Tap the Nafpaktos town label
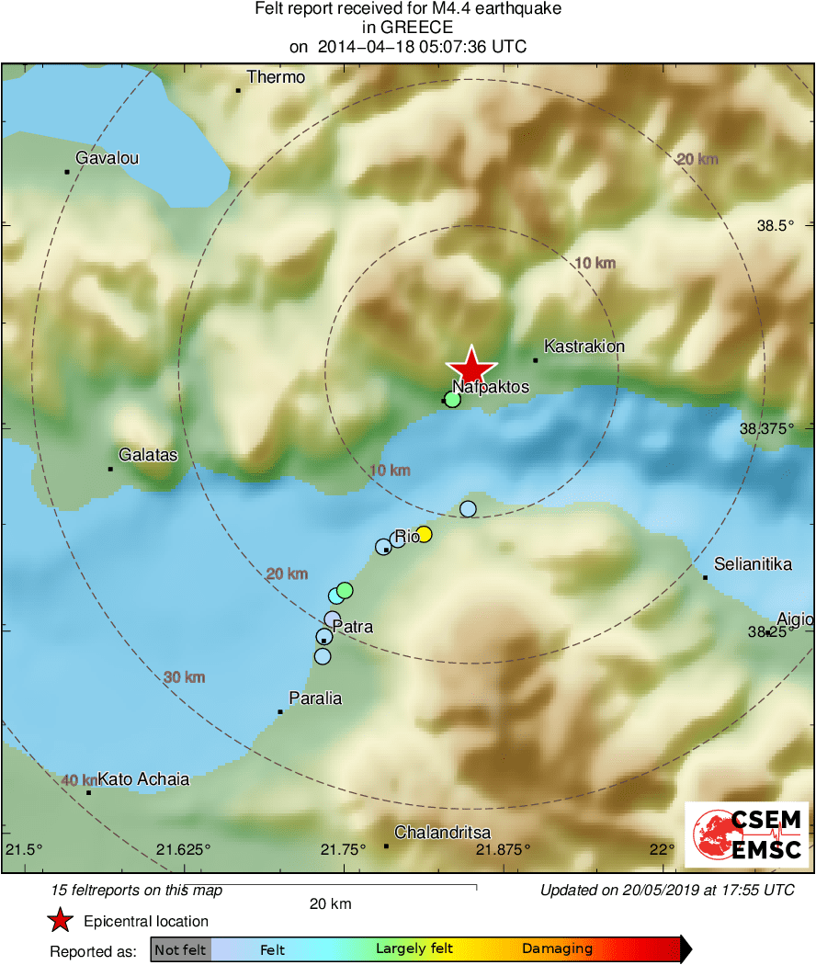coord(491,387)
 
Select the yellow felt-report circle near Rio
coord(424,534)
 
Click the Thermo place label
coord(276,77)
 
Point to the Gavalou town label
coord(108,158)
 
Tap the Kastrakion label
coord(584,346)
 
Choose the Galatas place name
coord(148,455)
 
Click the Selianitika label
coord(753,565)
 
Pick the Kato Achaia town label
coord(143,779)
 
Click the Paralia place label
coord(315,698)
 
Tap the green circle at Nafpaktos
coord(452,399)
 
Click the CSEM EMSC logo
coord(747,834)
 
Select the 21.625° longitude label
coord(188,848)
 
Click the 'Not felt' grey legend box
coord(180,949)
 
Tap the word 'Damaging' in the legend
coord(557,949)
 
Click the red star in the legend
coord(60,920)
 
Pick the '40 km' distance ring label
coord(77,780)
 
